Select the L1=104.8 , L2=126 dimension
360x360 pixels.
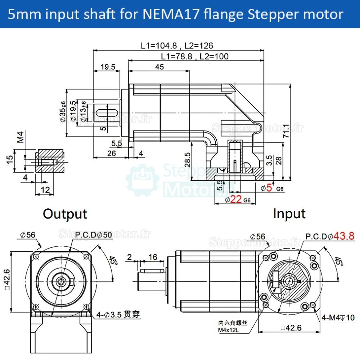coord(177,46)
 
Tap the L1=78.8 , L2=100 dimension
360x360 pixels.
coord(195,56)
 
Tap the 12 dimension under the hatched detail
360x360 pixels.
coord(45,189)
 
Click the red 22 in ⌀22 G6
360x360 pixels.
coord(236,199)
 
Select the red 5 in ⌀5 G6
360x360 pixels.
coord(269,188)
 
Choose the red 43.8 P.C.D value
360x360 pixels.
coord(344,236)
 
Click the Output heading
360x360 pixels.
coord(65,214)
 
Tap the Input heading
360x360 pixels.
coord(289,214)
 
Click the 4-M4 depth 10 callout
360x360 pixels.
coord(338,318)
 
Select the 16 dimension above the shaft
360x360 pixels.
coord(153,257)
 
